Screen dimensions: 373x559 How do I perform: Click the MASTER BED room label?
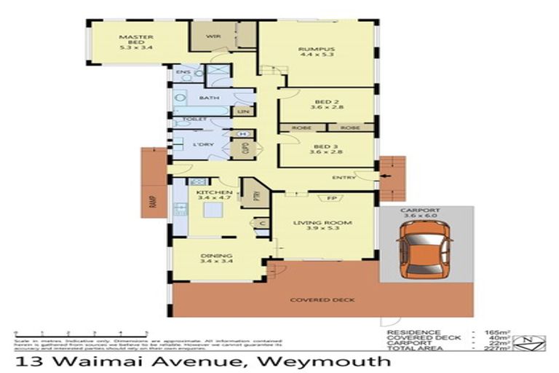[135, 42]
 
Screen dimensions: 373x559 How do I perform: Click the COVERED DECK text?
[312, 299]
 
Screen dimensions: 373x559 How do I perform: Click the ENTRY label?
[343, 177]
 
